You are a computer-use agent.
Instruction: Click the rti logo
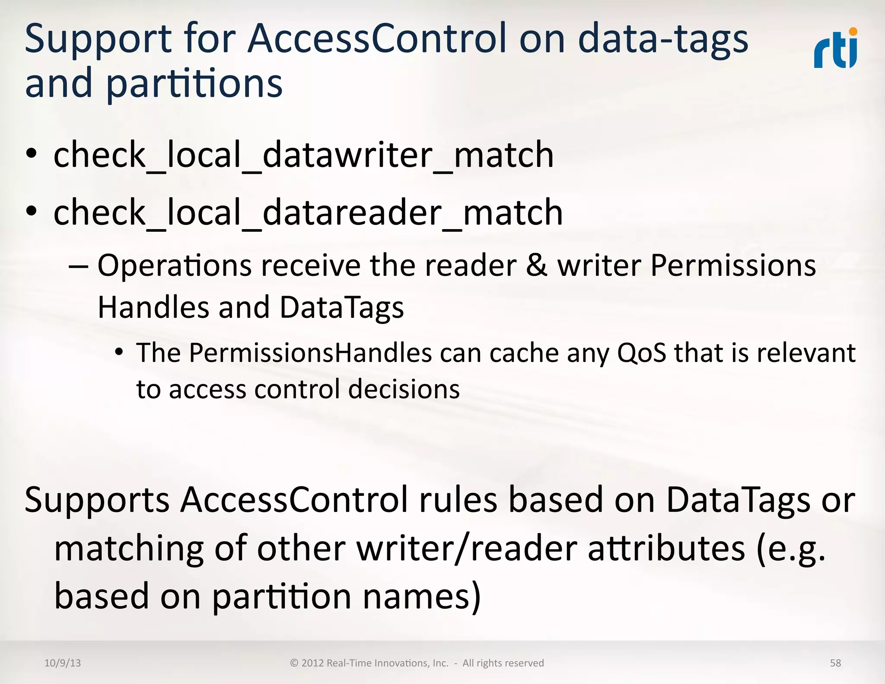coord(835,49)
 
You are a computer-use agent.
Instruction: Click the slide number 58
coord(835,663)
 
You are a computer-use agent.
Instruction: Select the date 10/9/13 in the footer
coord(63,663)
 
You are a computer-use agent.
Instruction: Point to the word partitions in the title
coord(194,83)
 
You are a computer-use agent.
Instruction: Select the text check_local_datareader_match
coord(308,212)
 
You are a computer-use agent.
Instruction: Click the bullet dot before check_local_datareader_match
coord(31,211)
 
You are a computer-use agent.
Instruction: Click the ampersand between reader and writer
coord(537,265)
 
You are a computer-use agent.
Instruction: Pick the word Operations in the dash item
coord(175,265)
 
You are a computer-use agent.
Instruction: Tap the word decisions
coord(404,389)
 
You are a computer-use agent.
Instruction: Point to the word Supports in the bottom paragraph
coord(97,500)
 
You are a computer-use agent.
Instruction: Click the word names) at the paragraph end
coord(421,596)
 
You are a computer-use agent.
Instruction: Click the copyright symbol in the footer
coord(294,663)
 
